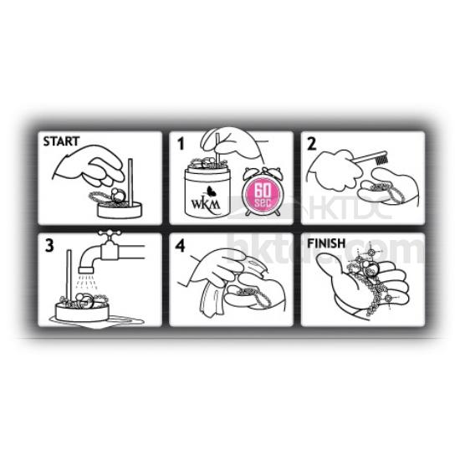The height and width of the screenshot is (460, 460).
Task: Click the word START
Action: click(x=61, y=141)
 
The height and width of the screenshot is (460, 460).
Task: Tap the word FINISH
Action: click(x=326, y=243)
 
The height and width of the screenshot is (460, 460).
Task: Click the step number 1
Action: click(x=181, y=144)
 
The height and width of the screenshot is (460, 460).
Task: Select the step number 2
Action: click(x=312, y=144)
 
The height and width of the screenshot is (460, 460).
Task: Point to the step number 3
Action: click(x=49, y=246)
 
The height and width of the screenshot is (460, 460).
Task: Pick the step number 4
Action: click(x=181, y=246)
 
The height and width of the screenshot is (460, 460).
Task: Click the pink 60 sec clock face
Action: click(x=262, y=196)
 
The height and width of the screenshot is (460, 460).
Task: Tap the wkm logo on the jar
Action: click(x=206, y=202)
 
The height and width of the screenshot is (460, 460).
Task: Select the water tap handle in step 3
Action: click(x=110, y=233)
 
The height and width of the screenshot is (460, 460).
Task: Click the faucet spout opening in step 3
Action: click(x=86, y=269)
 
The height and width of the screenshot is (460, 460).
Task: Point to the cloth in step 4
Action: click(x=212, y=300)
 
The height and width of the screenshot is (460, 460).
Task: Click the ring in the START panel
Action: click(x=118, y=196)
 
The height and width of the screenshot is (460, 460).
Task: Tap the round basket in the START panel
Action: click(x=120, y=210)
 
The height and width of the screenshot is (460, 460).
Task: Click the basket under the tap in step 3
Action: click(x=82, y=312)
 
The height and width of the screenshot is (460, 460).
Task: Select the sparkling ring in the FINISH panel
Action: click(x=371, y=268)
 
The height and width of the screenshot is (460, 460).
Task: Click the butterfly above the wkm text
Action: click(x=210, y=192)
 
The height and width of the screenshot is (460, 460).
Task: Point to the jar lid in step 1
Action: click(x=207, y=174)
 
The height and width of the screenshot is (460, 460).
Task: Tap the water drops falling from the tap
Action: click(x=86, y=282)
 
